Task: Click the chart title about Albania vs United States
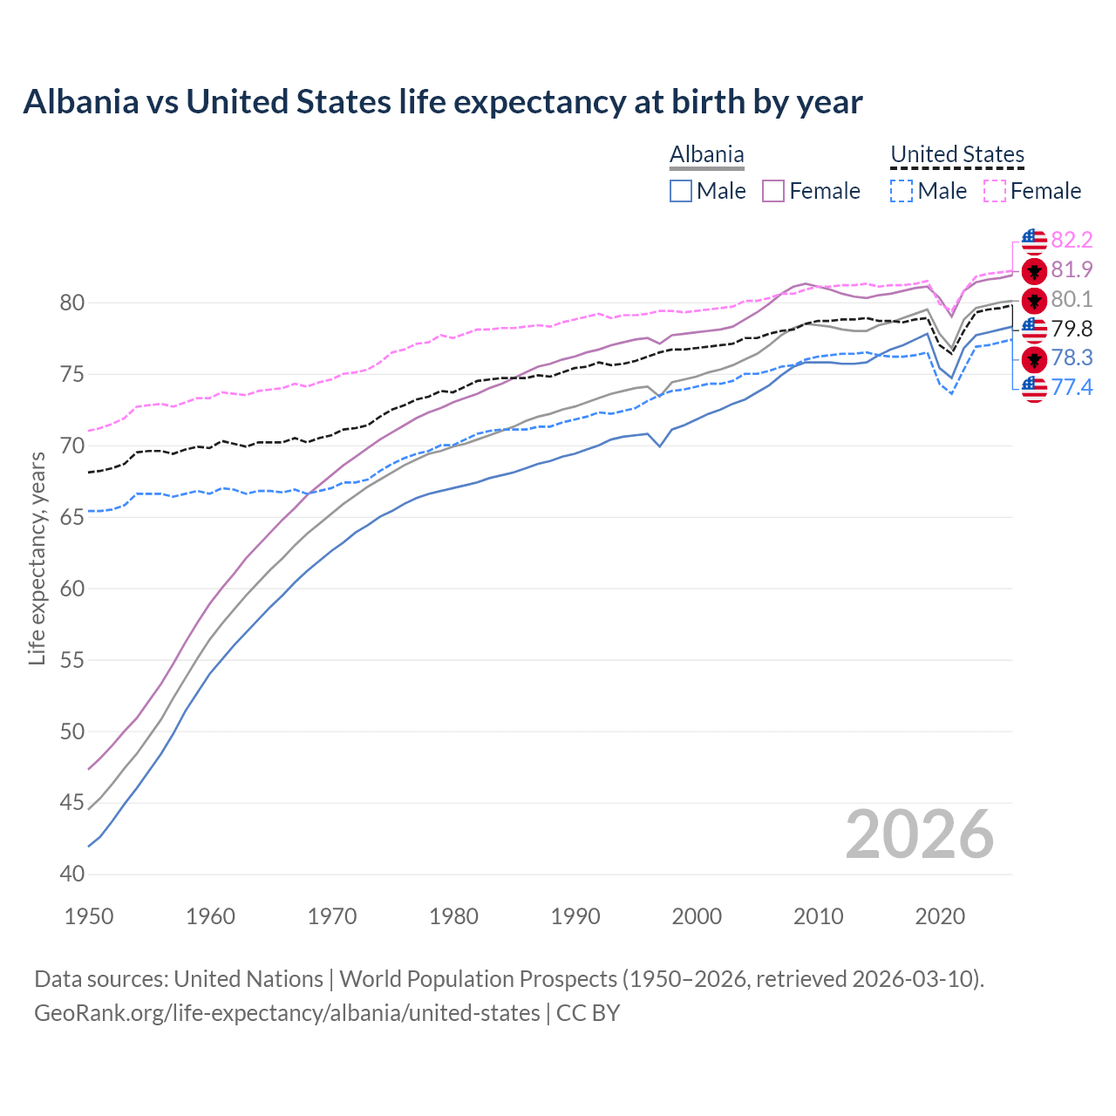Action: (443, 102)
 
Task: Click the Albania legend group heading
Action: (706, 154)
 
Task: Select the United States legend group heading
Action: (956, 154)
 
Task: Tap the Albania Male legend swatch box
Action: (681, 191)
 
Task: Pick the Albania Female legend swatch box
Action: (773, 191)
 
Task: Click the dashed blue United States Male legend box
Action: (902, 191)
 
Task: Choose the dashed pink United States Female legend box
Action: (995, 191)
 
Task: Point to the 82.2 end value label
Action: (1072, 240)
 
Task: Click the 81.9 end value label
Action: (1072, 269)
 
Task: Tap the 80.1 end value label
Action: (1072, 299)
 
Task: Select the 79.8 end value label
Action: (1072, 329)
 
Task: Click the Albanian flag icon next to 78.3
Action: (1034, 358)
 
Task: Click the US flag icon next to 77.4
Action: (1034, 388)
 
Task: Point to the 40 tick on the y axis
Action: (72, 874)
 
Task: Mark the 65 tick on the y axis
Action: (72, 517)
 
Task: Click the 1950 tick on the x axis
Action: (89, 916)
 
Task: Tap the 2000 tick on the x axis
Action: (697, 916)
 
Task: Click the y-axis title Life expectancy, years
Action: (37, 558)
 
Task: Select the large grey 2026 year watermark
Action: (919, 834)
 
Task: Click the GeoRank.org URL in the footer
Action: (287, 1013)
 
